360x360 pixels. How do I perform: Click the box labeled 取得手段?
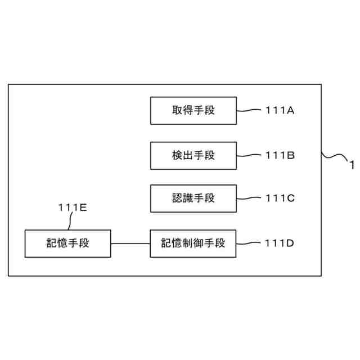pos(193,111)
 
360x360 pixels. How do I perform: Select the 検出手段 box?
pos(193,155)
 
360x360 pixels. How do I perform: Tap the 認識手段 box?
pos(193,199)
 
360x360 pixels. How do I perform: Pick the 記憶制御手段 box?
pos(193,243)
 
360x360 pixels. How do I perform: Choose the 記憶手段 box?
pos(67,243)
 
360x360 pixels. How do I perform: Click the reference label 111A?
pos(280,111)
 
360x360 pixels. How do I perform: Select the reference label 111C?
pos(280,199)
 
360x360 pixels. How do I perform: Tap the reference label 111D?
pos(280,243)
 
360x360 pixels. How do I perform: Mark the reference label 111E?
pos(72,208)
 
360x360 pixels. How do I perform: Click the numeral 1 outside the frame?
pos(352,165)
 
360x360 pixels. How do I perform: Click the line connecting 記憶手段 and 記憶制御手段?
pos(130,243)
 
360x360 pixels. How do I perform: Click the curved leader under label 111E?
pos(70,222)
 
